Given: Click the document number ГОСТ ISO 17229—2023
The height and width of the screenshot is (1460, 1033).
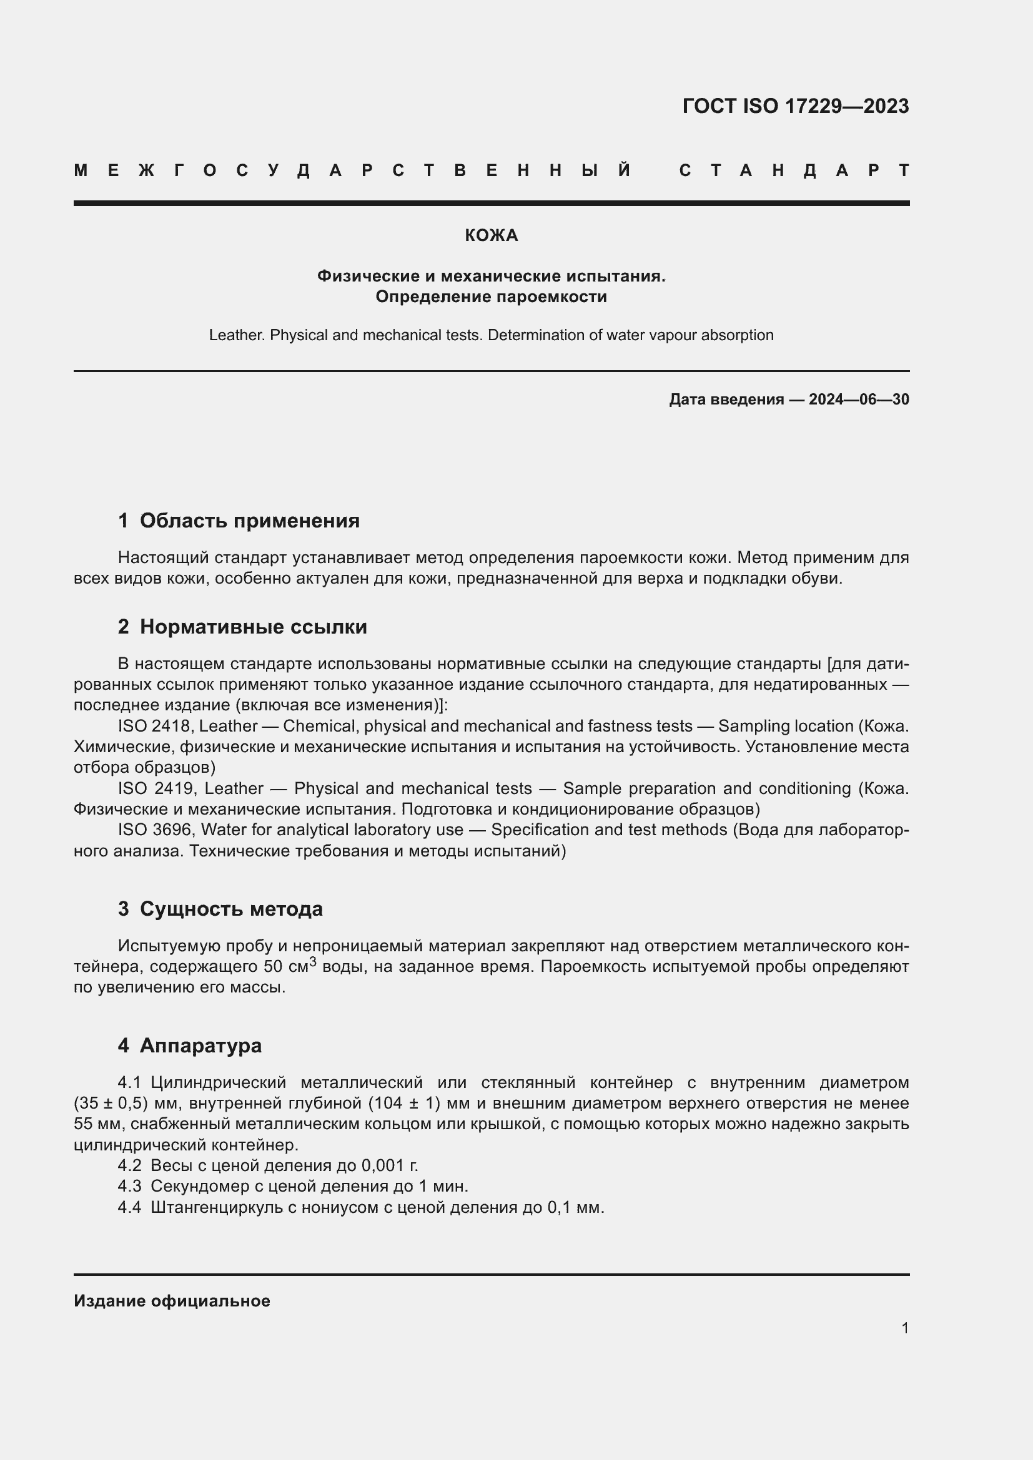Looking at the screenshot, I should [x=795, y=106].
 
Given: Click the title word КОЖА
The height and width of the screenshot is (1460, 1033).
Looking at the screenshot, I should [x=491, y=236].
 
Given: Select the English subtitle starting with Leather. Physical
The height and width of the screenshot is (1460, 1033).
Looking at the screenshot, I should [x=491, y=335].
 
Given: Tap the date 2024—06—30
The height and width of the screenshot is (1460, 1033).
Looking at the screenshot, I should [x=859, y=399].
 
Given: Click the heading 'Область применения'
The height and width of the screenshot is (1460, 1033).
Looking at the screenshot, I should [x=249, y=521].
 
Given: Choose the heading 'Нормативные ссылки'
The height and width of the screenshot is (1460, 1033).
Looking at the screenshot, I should [x=253, y=627].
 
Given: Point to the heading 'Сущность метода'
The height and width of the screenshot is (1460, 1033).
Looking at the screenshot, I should [x=231, y=909].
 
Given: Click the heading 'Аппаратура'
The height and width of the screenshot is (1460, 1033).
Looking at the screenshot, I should [x=200, y=1046].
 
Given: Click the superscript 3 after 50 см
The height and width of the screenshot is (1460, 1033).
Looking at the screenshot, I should [x=313, y=962].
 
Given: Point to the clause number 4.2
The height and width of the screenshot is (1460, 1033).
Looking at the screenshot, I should [x=130, y=1165].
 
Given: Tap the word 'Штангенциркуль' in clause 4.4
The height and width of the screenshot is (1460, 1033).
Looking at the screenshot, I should [x=216, y=1208].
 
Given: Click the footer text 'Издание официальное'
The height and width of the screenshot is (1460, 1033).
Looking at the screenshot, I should [x=172, y=1301].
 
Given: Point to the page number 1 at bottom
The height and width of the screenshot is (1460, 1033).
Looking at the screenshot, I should [x=904, y=1328].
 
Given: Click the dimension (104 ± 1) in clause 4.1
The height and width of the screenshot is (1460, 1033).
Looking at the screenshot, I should [x=404, y=1103].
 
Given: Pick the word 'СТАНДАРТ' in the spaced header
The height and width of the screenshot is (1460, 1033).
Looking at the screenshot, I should [x=794, y=170].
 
